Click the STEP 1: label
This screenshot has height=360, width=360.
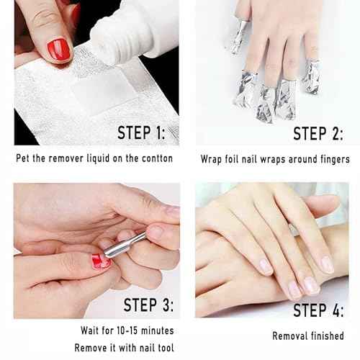click(x=146, y=133)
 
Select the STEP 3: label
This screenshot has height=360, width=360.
click(x=147, y=302)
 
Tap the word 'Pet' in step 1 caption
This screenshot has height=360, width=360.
click(x=24, y=158)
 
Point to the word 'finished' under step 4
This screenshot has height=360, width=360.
click(x=325, y=336)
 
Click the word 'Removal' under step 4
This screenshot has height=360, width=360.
click(x=289, y=336)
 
